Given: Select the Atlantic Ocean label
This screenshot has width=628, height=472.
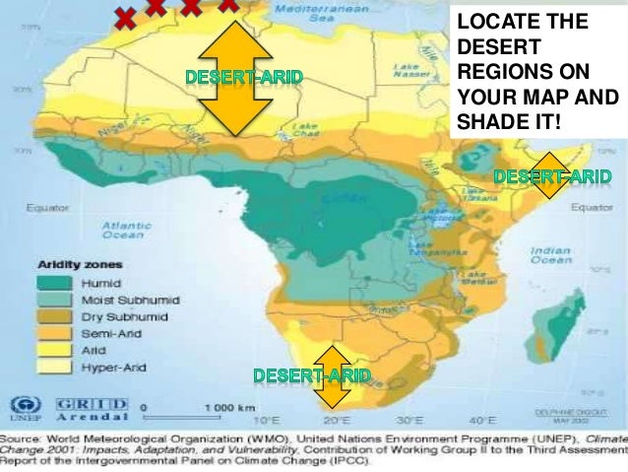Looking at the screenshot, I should [124, 230].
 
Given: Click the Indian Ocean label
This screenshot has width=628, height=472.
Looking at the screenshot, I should [550, 255].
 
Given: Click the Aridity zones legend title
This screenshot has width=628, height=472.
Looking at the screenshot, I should [81, 264].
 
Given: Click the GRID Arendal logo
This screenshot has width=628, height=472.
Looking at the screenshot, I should [93, 408].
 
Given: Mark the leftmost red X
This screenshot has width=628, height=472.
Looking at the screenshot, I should [125, 16].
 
